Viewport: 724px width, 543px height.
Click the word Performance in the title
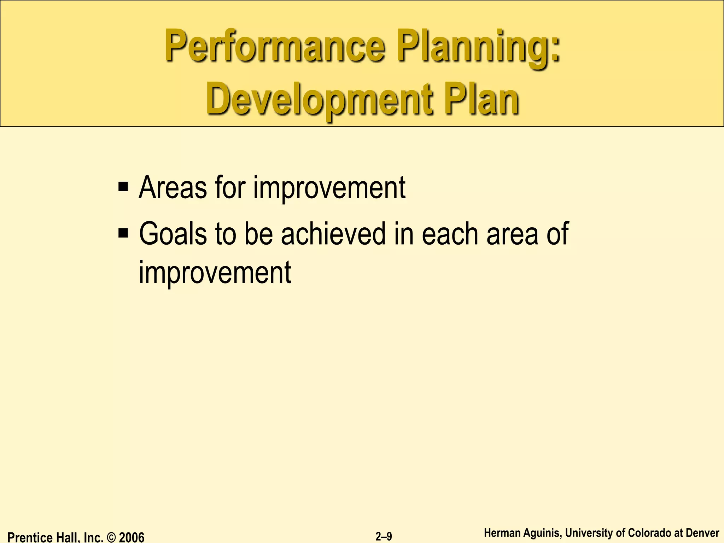[274, 48]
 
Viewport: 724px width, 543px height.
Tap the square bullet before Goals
[123, 233]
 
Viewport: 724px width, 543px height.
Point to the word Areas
[173, 188]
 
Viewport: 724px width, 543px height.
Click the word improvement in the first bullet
[329, 189]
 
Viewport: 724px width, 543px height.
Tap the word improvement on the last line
[215, 273]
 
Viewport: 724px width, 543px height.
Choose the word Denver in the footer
[702, 533]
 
